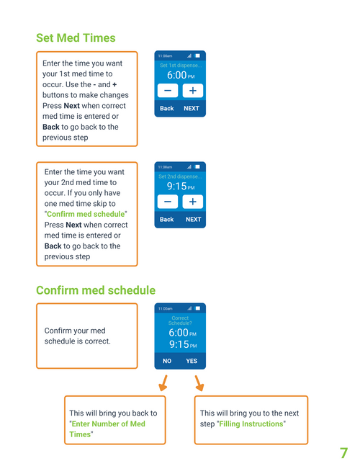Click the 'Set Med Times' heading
pyautogui.click(x=76, y=38)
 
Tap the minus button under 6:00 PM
pyautogui.click(x=168, y=91)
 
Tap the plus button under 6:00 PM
pyautogui.click(x=193, y=91)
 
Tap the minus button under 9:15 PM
pyautogui.click(x=168, y=202)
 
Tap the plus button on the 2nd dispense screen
pyautogui.click(x=193, y=202)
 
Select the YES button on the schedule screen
pyautogui.click(x=192, y=361)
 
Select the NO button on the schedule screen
pyautogui.click(x=167, y=361)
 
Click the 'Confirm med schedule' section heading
pyautogui.click(x=96, y=290)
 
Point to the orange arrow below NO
pyautogui.click(x=163, y=382)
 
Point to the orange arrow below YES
pyautogui.click(x=199, y=382)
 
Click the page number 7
pyautogui.click(x=343, y=453)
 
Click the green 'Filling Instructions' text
pyautogui.click(x=251, y=424)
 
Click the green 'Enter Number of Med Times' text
pyautogui.click(x=107, y=429)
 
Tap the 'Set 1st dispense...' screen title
pyautogui.click(x=181, y=66)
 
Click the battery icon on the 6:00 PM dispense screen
pyautogui.click(x=197, y=55)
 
